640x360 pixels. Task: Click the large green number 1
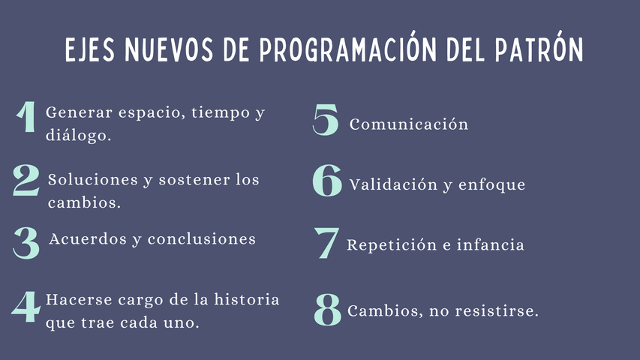(x=26, y=116)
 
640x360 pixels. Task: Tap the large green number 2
(x=26, y=180)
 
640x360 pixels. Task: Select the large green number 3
(x=26, y=243)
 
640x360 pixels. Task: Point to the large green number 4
(x=26, y=307)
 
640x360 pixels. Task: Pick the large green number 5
(x=326, y=119)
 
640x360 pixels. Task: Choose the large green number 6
(x=327, y=181)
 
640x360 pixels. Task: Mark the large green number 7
(x=326, y=243)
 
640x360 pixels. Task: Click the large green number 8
(x=327, y=310)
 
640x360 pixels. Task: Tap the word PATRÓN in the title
(x=539, y=48)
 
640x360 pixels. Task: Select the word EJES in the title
(x=90, y=50)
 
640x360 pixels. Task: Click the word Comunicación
(x=409, y=124)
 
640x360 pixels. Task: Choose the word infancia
(x=490, y=244)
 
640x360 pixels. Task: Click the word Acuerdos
(x=88, y=238)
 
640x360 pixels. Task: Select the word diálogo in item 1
(x=78, y=135)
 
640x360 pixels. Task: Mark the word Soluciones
(x=92, y=179)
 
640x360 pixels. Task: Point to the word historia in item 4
(x=247, y=299)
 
